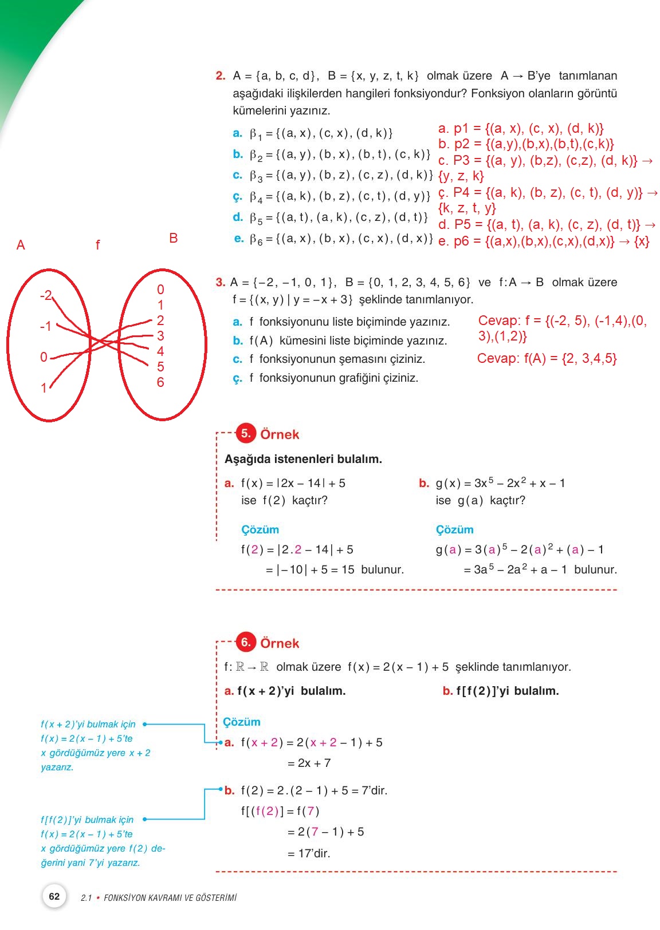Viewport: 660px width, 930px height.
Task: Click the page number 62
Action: click(54, 896)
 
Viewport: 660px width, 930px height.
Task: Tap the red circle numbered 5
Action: click(246, 433)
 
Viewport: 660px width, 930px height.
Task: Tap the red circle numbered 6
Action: click(246, 642)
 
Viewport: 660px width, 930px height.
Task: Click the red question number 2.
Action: click(221, 76)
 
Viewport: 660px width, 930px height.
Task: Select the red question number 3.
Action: click(221, 282)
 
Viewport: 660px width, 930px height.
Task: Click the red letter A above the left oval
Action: click(21, 246)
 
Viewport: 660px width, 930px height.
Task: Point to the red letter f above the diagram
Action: click(97, 246)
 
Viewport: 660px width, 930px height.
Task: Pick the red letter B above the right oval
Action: click(174, 238)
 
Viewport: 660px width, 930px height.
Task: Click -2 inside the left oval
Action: click(46, 295)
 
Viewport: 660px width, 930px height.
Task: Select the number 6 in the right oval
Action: click(160, 382)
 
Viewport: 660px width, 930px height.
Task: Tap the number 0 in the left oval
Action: click(44, 357)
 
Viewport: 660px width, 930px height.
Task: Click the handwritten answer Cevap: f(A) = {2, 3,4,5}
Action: click(547, 359)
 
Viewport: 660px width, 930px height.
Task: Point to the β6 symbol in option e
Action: click(256, 240)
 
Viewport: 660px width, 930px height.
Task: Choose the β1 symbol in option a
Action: click(256, 134)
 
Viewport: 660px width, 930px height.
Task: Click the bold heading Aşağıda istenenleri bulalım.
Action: click(303, 459)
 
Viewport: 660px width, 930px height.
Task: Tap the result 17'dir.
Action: click(309, 853)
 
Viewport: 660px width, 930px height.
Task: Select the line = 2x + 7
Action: click(309, 763)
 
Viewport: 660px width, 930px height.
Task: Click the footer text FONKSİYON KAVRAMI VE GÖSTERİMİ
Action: click(170, 898)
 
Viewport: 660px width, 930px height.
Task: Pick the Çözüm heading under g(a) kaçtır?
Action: click(454, 529)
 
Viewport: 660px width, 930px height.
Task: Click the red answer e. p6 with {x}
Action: click(544, 242)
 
